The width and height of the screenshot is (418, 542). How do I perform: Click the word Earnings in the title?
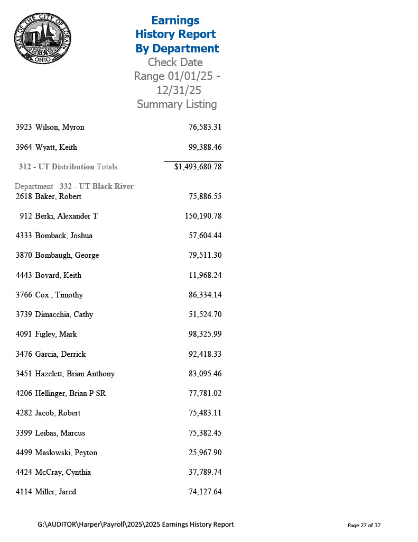175,20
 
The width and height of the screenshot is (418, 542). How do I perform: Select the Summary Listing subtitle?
177,104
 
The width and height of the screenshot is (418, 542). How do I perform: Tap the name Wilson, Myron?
60,127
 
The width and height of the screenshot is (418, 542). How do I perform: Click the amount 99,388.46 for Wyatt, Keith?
205,147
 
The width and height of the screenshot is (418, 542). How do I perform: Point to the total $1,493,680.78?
198,167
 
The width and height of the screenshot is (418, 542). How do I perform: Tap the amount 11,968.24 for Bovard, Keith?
205,275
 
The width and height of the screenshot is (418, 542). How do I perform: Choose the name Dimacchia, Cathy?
64,314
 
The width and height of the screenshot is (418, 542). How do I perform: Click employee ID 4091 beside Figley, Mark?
24,334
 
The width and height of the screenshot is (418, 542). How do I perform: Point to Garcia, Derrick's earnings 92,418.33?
205,354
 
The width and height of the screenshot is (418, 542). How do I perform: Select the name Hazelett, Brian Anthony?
75,374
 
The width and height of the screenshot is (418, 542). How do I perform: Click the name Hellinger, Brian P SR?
70,393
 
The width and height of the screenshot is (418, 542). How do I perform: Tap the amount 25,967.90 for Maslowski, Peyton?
205,453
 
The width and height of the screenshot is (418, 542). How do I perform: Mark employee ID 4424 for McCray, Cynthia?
24,472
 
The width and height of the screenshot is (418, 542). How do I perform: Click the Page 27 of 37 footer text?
364,525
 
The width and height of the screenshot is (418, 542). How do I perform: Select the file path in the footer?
136,525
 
